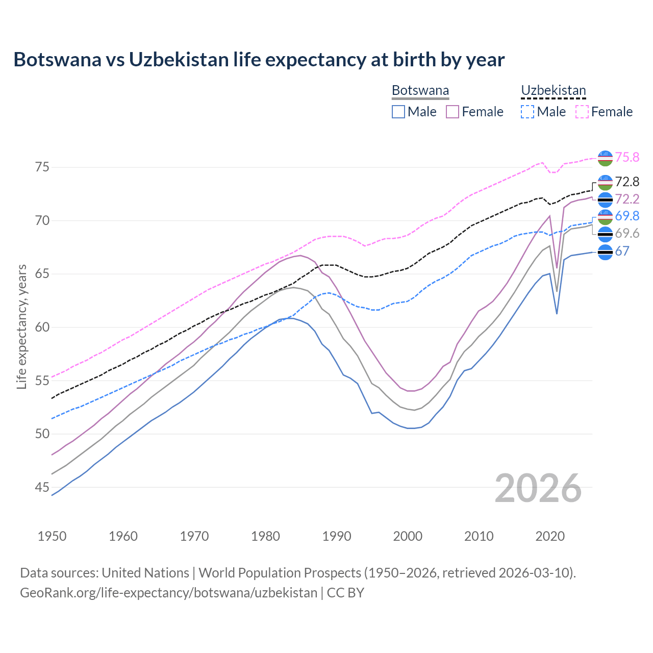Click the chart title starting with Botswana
(x=259, y=60)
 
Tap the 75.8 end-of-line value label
(x=627, y=157)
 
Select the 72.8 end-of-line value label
(x=627, y=182)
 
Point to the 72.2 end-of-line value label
(x=627, y=199)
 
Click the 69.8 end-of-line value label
(x=627, y=216)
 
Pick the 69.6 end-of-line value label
(x=627, y=234)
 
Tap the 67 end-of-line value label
(x=622, y=251)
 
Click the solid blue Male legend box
(x=398, y=112)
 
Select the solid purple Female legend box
(x=453, y=112)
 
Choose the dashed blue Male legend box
(x=528, y=112)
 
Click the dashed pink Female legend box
(x=582, y=112)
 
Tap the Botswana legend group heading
(x=420, y=91)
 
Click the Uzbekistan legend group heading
(x=554, y=91)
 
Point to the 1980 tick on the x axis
(x=265, y=536)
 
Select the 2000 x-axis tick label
(x=408, y=536)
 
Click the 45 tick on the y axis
(x=42, y=487)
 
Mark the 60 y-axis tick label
(x=42, y=327)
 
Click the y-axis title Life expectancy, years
(x=21, y=326)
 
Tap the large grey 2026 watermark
(x=538, y=488)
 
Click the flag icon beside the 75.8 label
(x=605, y=158)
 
